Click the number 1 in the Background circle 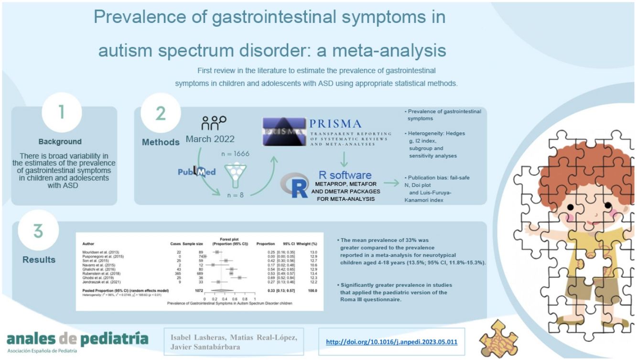point(61,111)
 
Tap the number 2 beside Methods point(161,113)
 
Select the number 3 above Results point(38,231)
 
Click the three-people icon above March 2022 point(214,123)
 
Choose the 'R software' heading point(345,175)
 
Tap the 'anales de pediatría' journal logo point(77,340)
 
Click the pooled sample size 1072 point(195,291)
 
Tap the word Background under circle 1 point(60,142)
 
